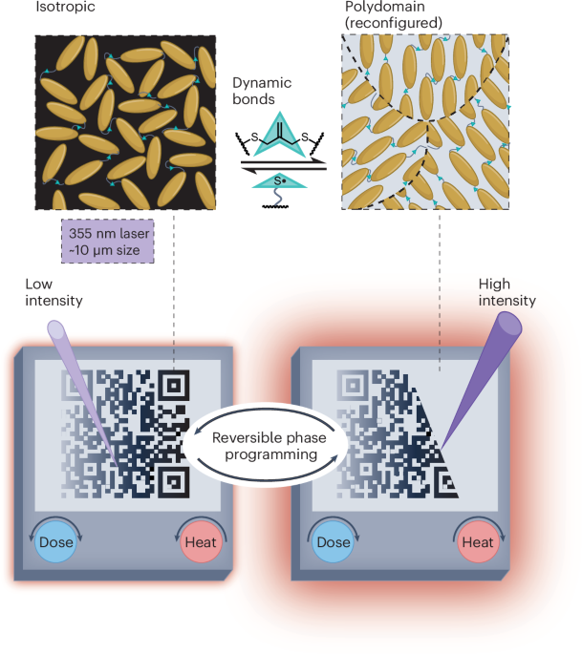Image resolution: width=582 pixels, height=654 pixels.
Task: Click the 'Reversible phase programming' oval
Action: (267, 445)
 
